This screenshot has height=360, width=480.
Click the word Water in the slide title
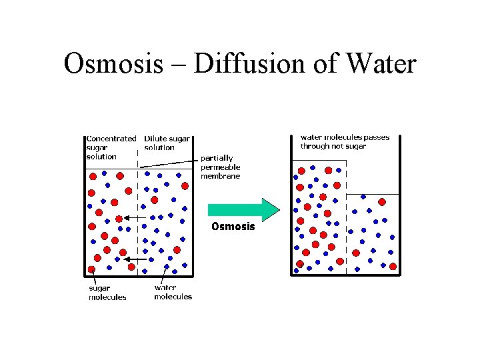coord(380,65)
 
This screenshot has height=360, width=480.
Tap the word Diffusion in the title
coord(241,65)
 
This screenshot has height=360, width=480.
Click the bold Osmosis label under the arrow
coord(233,227)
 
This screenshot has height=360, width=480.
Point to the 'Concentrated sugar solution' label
coord(111,147)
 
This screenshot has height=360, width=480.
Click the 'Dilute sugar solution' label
coord(167,143)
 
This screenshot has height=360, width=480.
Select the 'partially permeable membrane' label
coord(221,167)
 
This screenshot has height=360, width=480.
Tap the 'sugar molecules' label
coord(107,293)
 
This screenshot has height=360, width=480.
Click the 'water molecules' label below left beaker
coord(173,293)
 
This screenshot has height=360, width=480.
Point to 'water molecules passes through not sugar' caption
coord(344,141)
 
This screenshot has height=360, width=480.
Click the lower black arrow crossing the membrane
coord(136,259)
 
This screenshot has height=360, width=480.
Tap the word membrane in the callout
coord(221,176)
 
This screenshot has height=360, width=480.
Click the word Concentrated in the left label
coord(111,139)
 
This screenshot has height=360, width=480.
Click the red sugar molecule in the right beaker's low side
coord(382,202)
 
